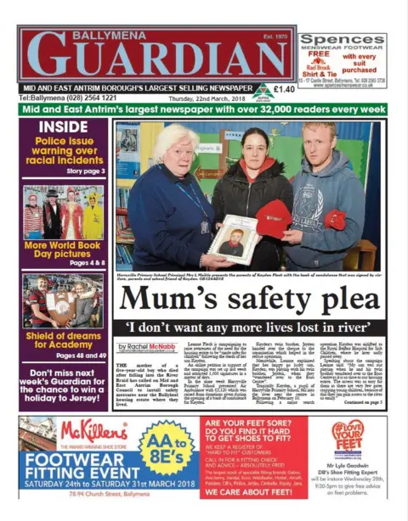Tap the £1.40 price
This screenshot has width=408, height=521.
(x=285, y=88)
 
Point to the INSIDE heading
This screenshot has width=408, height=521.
(x=63, y=126)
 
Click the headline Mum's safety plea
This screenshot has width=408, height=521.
(x=251, y=299)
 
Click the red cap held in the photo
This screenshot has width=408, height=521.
(x=274, y=218)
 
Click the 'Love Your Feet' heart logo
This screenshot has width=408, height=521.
(x=347, y=438)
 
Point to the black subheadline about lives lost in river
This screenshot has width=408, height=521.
(x=251, y=328)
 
